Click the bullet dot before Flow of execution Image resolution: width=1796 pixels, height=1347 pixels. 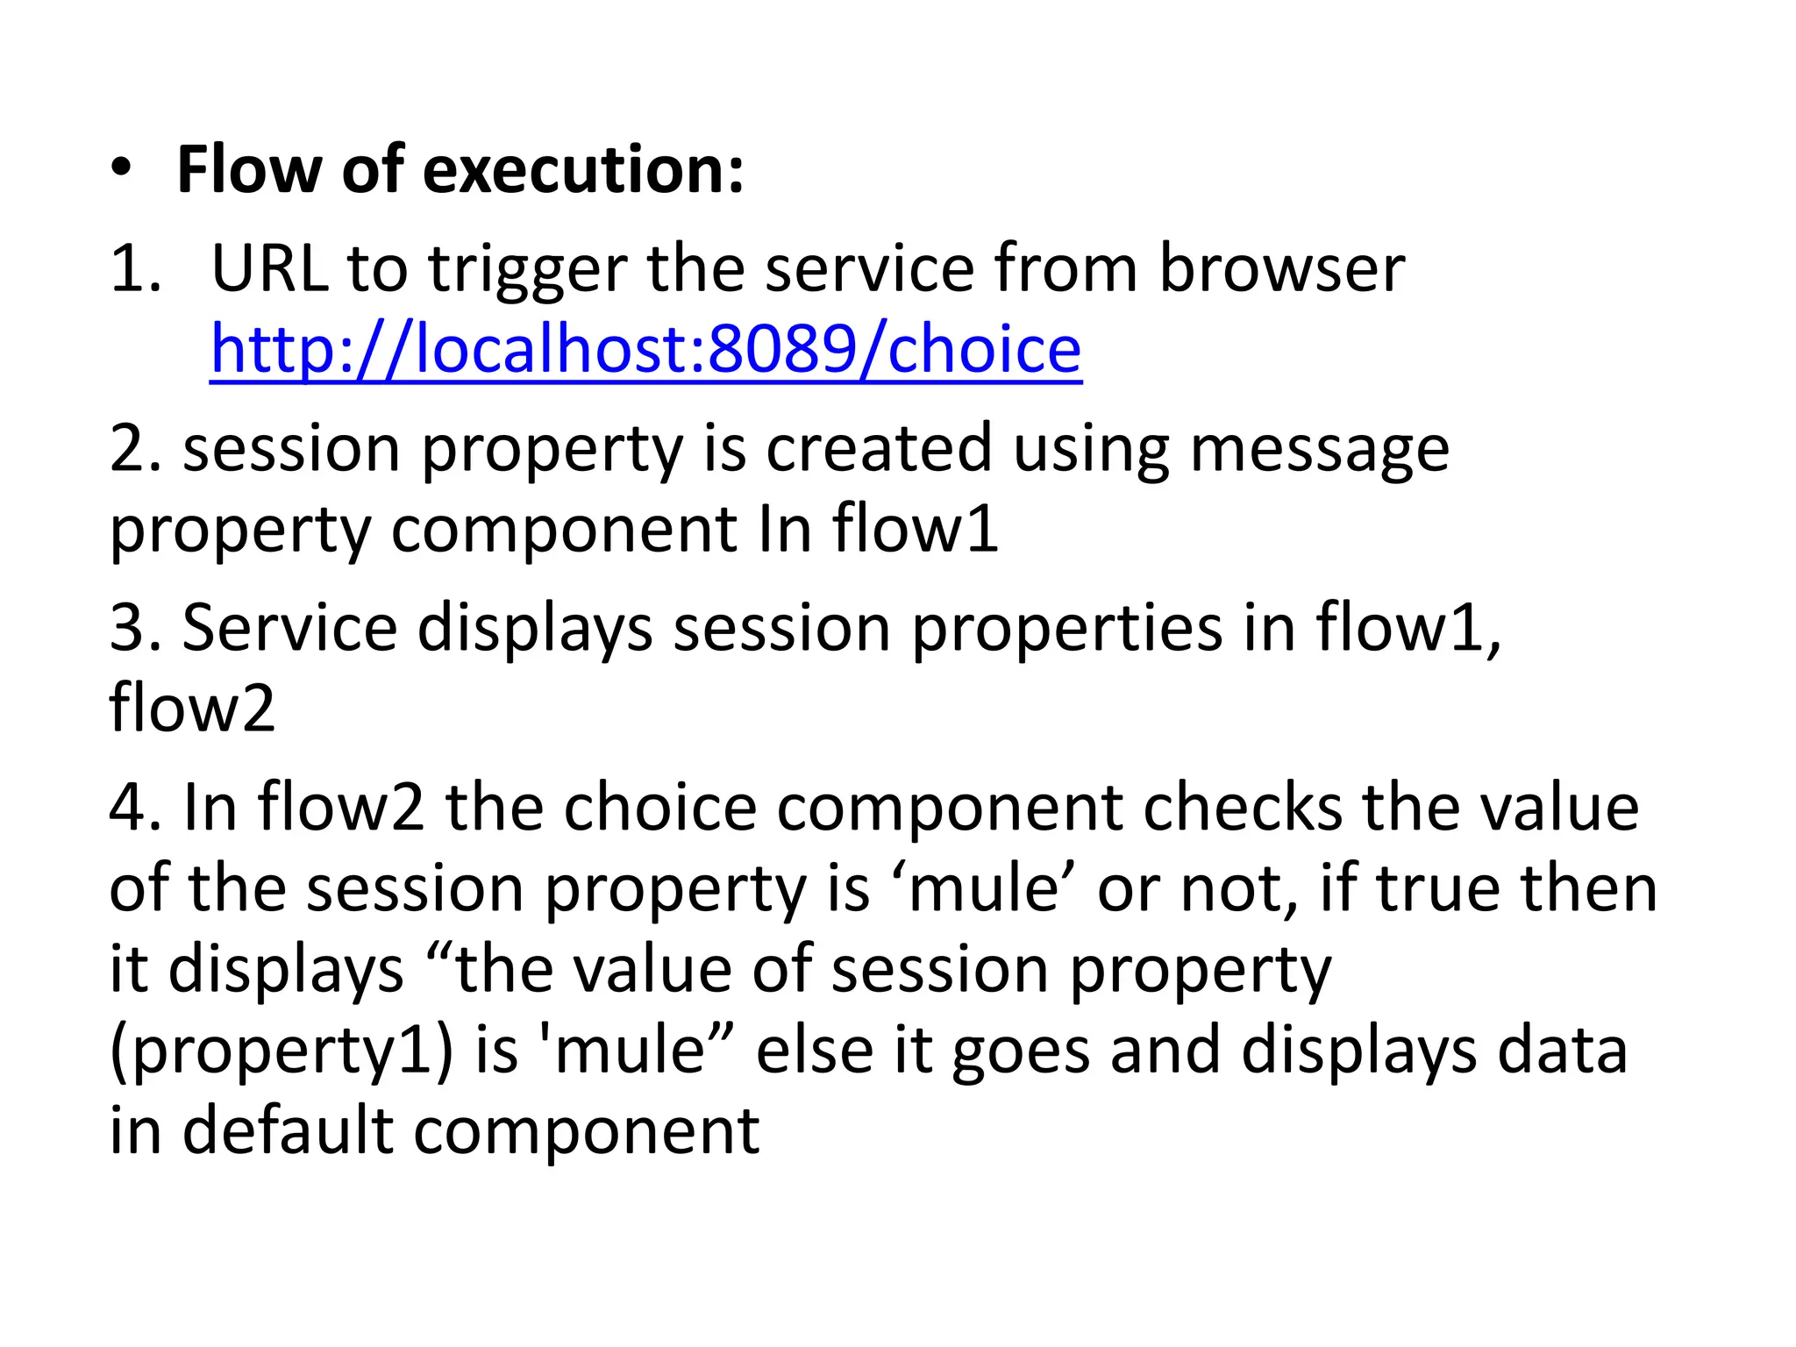(x=122, y=169)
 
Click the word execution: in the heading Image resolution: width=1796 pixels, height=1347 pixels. (x=583, y=169)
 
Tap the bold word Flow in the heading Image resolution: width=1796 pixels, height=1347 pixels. (x=248, y=169)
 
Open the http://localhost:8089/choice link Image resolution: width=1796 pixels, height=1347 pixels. (x=646, y=349)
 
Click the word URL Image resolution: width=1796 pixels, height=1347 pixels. (x=270, y=267)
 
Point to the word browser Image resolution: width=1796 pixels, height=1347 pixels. (x=1282, y=267)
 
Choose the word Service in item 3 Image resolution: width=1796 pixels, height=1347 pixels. (x=289, y=628)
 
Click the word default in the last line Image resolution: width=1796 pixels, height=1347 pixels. (x=288, y=1130)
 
